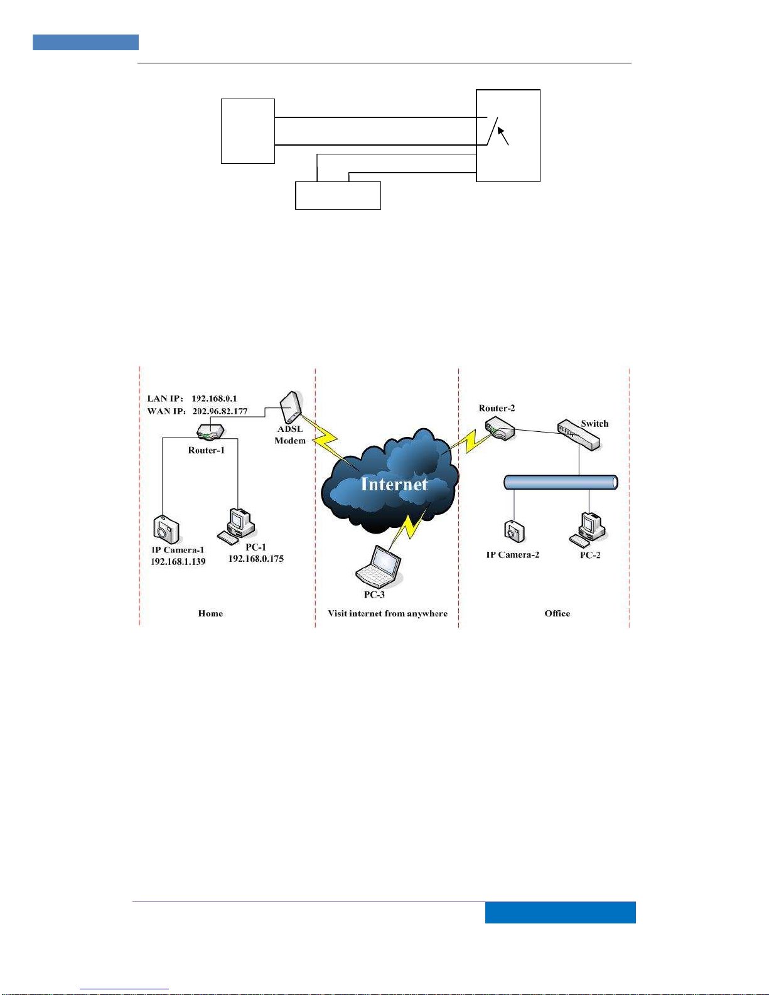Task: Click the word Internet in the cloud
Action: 394,484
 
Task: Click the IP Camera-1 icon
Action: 166,529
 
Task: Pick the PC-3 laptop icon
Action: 379,566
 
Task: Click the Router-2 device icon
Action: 500,430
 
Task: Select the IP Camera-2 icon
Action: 514,532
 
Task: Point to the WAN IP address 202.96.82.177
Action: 220,411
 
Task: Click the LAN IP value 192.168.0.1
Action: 214,399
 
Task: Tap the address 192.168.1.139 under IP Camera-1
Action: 178,562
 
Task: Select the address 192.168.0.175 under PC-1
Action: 255,559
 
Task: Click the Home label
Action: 210,613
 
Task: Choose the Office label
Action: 557,613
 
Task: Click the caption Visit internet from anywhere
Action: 387,613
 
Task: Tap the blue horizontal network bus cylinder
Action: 561,482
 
